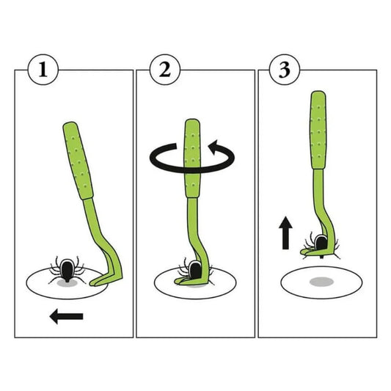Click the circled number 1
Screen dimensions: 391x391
[x=43, y=70]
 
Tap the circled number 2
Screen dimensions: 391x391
[x=164, y=70]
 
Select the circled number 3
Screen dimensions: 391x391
[x=285, y=70]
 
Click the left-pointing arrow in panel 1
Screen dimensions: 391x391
[x=66, y=316]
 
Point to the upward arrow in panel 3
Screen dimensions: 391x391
[x=285, y=233]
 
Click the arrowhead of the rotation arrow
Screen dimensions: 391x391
[x=215, y=147]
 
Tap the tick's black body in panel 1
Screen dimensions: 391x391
[x=67, y=270]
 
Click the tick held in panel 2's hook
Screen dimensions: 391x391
[x=194, y=270]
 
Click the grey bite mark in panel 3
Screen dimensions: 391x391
[x=322, y=282]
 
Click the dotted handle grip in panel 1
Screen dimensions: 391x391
[x=78, y=161]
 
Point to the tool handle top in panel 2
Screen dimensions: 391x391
[x=192, y=123]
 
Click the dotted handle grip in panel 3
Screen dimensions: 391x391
[x=318, y=130]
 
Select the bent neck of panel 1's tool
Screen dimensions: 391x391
[x=110, y=252]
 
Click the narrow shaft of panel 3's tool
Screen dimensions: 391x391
[x=319, y=197]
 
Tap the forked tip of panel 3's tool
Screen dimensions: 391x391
[x=310, y=252]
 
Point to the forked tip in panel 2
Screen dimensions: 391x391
[x=186, y=281]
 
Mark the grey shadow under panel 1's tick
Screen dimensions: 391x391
[x=67, y=283]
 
